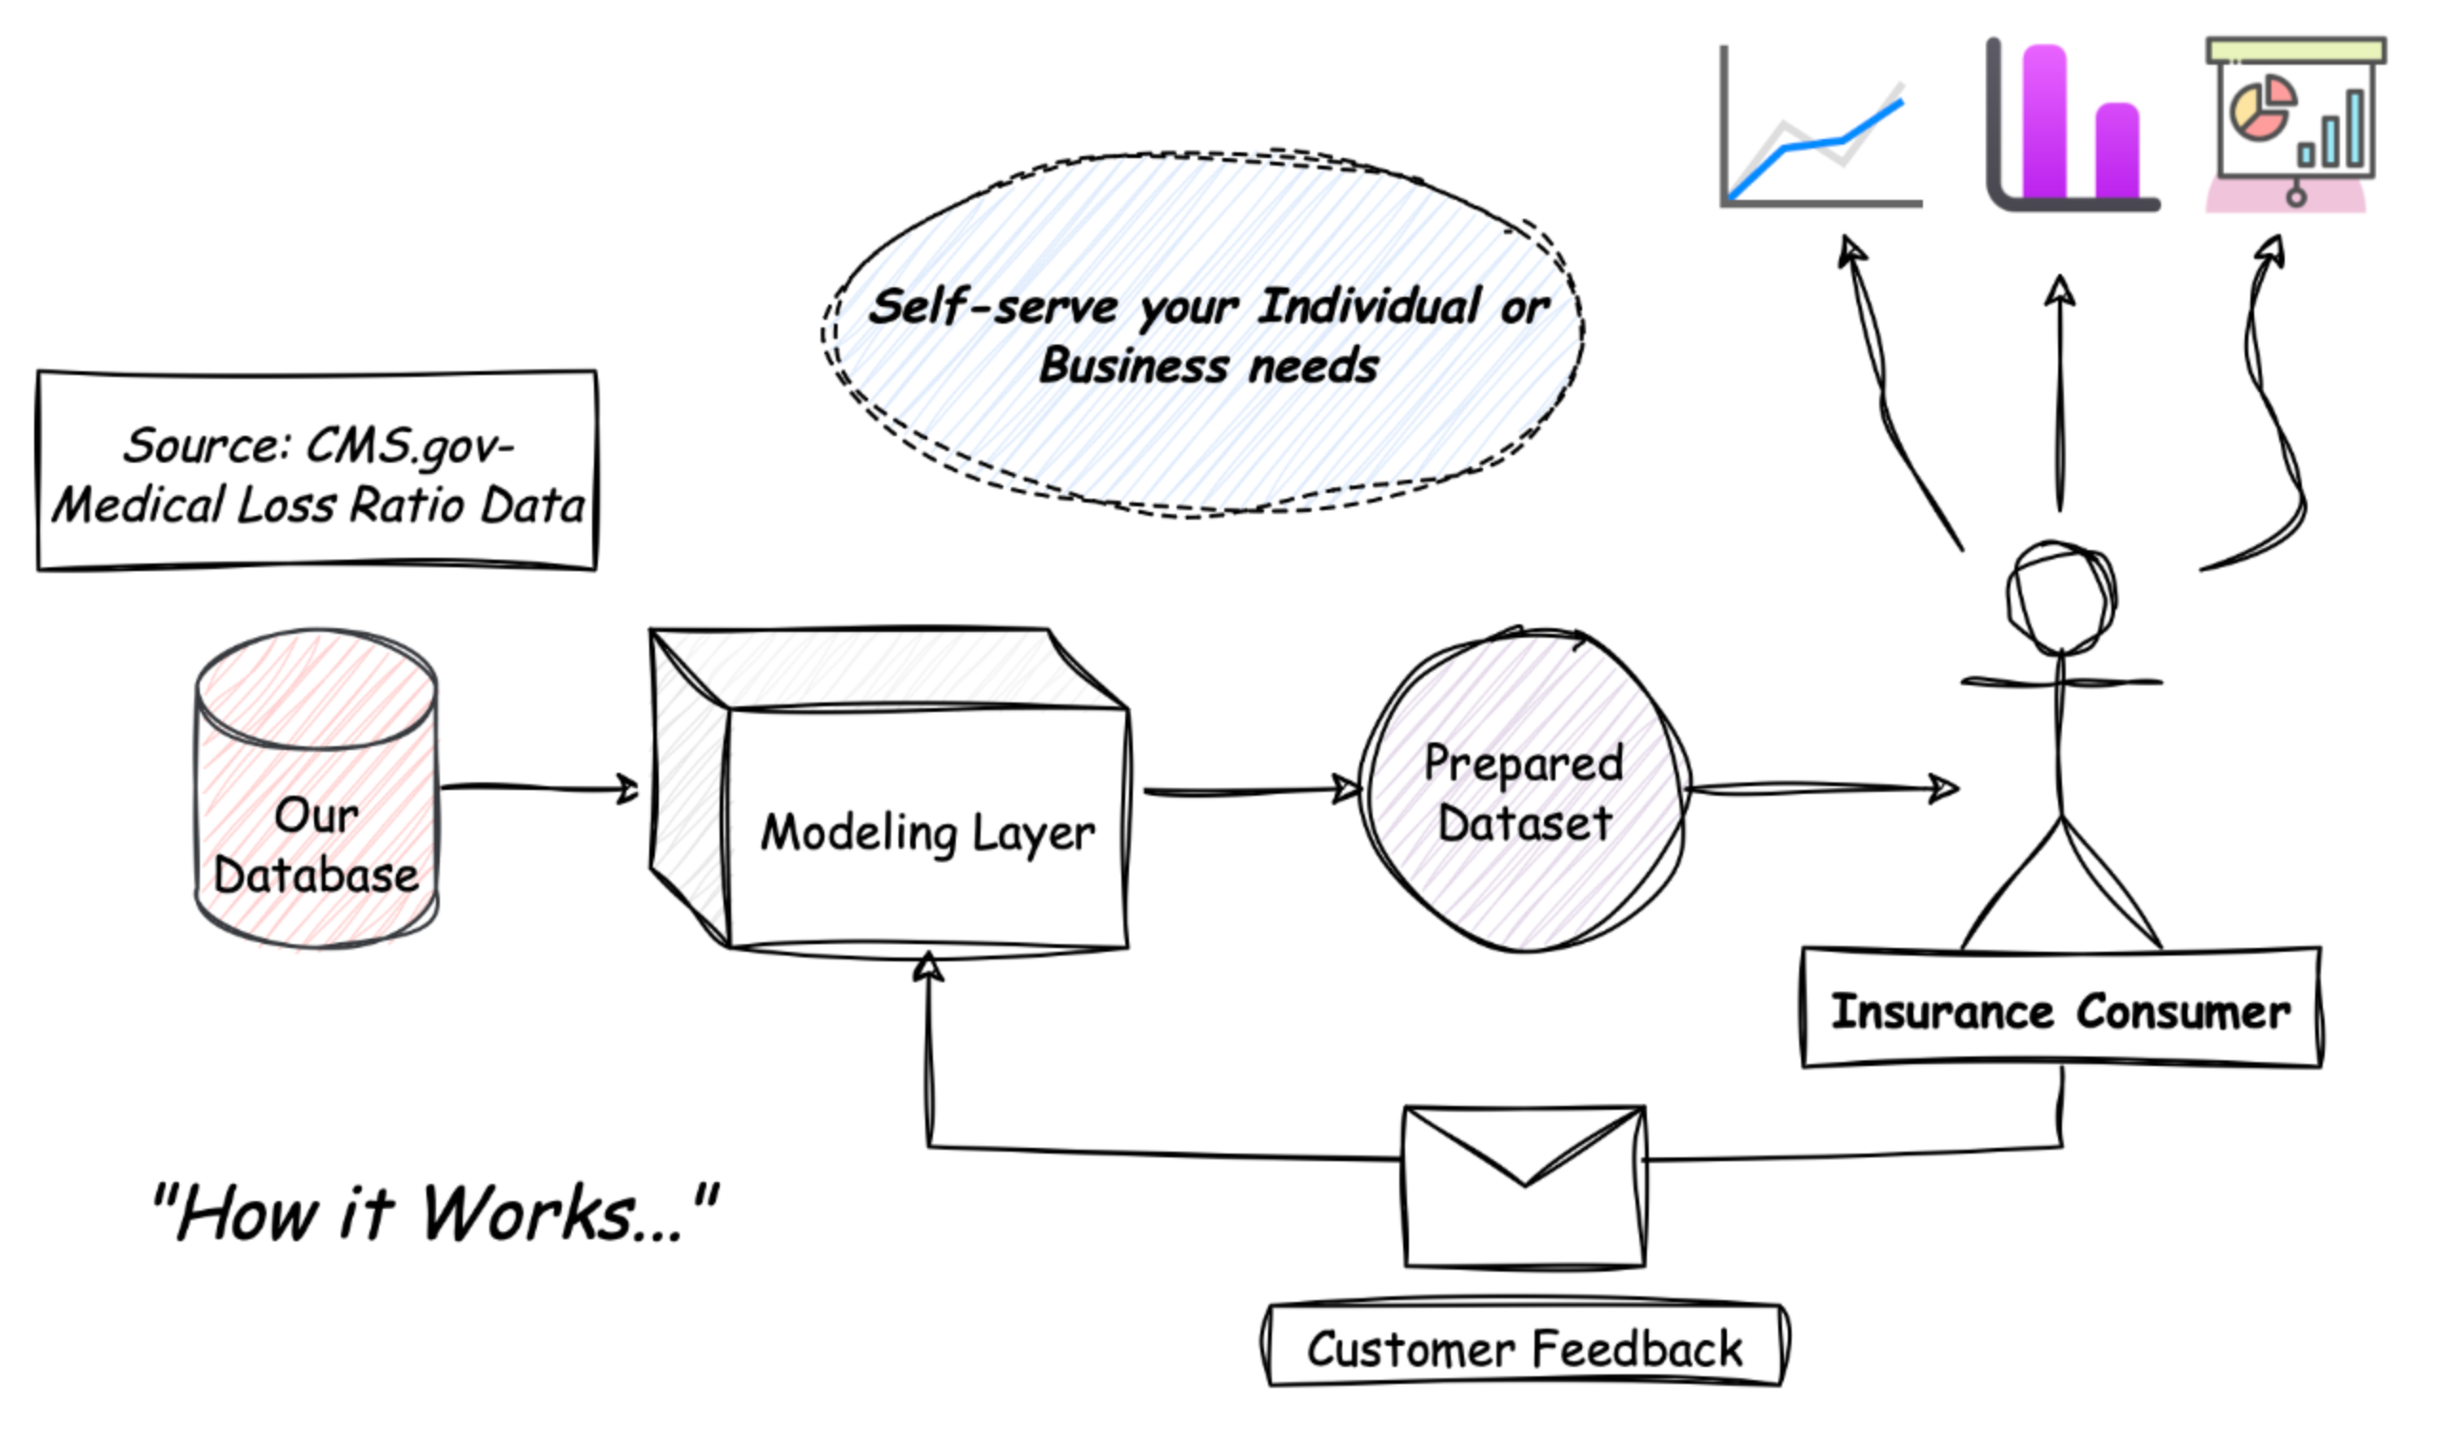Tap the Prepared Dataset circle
(x=1522, y=791)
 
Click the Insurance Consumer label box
(x=2060, y=1010)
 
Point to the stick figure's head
(x=2060, y=597)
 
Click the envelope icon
(x=1524, y=1187)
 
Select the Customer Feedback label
(x=1524, y=1348)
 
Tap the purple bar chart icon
(x=2073, y=127)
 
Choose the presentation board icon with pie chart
(x=2296, y=122)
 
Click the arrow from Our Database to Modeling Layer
(x=539, y=787)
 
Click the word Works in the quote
(x=529, y=1214)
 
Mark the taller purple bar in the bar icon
(x=2044, y=122)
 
